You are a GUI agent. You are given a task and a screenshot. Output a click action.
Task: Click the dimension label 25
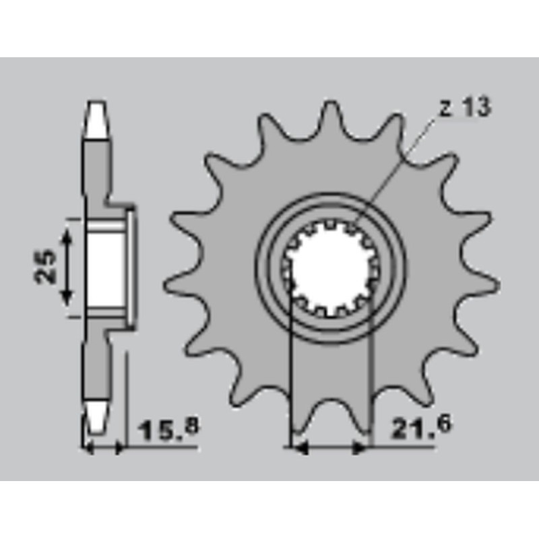45,266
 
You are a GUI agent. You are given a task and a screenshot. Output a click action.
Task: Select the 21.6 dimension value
420,427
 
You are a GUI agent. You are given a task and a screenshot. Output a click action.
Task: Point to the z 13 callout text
466,107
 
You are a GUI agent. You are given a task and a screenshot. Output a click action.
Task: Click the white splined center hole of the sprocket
330,268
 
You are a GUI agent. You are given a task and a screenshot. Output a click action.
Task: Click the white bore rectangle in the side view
106,268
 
